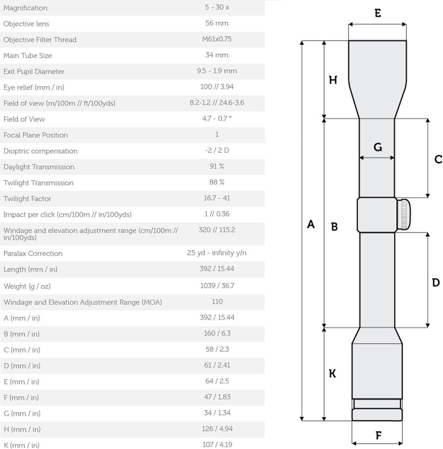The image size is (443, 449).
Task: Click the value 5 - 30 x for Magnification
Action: pos(217,7)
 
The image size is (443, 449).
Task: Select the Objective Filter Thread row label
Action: pos(40,39)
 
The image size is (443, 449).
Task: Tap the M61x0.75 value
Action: pos(217,39)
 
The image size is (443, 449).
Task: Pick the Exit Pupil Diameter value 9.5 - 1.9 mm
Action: pos(217,71)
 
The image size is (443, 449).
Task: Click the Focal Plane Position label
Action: pos(36,135)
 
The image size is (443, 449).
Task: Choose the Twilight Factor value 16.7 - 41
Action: pos(217,198)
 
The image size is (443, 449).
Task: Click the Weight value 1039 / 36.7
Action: pos(217,285)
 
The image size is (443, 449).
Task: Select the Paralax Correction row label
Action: pos(33,253)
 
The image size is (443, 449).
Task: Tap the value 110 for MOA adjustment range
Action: pos(217,301)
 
